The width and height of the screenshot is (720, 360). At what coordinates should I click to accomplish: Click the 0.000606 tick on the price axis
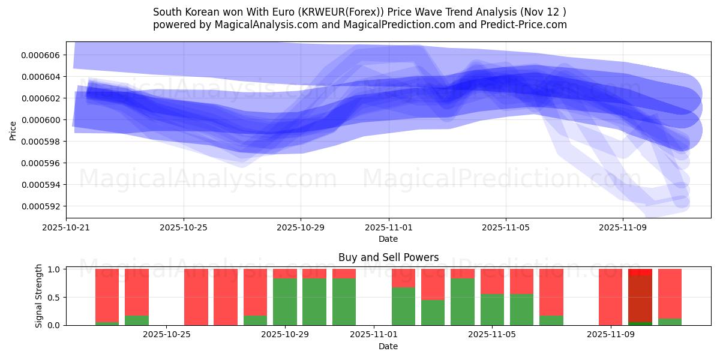pos(40,55)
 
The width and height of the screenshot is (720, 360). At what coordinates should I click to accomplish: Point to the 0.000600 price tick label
pos(40,120)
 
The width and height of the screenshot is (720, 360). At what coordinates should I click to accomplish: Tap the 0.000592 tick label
pos(40,206)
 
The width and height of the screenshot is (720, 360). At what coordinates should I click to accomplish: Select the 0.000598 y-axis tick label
pos(40,142)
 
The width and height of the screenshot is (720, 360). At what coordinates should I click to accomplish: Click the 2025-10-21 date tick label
pos(66,228)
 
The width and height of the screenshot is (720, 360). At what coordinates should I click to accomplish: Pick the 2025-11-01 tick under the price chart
pos(389,228)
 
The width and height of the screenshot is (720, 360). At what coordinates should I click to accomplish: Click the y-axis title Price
pos(13,130)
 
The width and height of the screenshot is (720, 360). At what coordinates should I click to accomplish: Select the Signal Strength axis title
pos(39,296)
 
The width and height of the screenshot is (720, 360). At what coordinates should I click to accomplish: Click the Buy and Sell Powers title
pos(388,257)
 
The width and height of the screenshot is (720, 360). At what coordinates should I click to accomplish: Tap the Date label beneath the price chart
pos(388,239)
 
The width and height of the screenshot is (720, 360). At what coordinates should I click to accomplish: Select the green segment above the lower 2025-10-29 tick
pos(285,302)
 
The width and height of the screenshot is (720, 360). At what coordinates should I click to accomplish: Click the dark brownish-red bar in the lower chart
pos(640,299)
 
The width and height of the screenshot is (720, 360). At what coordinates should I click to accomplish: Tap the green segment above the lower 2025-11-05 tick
pos(492,310)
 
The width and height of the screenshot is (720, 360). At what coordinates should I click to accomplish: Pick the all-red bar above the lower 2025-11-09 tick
pos(610,297)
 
